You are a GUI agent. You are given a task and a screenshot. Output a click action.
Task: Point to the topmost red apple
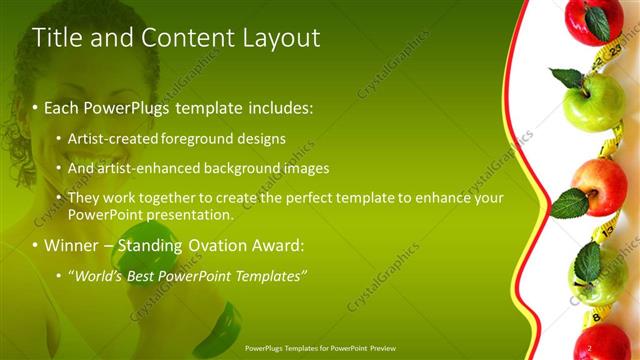(x=594, y=20)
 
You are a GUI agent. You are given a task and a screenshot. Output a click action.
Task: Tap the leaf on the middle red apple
(x=569, y=204)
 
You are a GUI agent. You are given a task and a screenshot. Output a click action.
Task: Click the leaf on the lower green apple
(x=588, y=263)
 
